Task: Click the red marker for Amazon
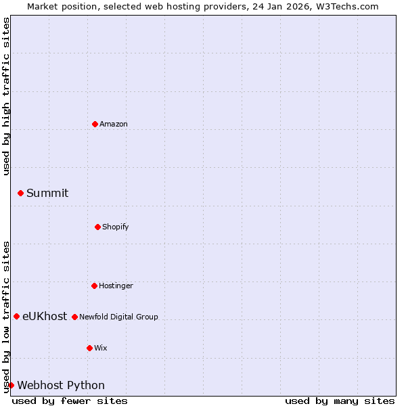click(95, 124)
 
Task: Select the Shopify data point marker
click(97, 227)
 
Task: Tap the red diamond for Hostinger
click(94, 286)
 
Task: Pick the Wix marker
click(89, 348)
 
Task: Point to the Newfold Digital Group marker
click(74, 317)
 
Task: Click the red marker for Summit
click(20, 193)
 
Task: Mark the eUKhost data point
click(16, 316)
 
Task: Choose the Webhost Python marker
click(11, 385)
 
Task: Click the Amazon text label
click(114, 124)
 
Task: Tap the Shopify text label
click(116, 227)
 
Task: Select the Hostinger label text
click(116, 286)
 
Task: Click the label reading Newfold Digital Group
click(118, 317)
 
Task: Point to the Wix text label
click(101, 348)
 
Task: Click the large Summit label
click(47, 193)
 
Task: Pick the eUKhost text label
click(45, 316)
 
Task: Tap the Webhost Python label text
click(61, 385)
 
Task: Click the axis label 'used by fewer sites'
click(70, 401)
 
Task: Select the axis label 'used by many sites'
click(340, 401)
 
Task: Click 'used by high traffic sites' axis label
click(6, 96)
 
